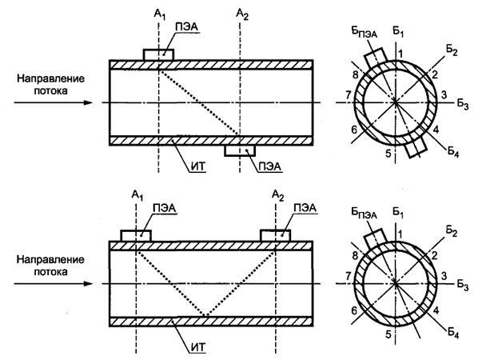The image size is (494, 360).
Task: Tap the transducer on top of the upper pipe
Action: pyautogui.click(x=158, y=54)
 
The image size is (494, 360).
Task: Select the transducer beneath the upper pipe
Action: pyautogui.click(x=240, y=150)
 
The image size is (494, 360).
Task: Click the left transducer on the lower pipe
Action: pyautogui.click(x=136, y=235)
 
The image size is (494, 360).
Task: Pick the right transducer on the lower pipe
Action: pyautogui.click(x=277, y=235)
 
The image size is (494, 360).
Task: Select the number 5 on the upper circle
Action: pyautogui.click(x=388, y=153)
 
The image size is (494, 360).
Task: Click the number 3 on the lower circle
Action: pyautogui.click(x=444, y=276)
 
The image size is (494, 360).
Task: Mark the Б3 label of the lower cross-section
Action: pyautogui.click(x=463, y=285)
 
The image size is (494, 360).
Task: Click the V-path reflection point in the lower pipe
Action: pyautogui.click(x=206, y=317)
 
